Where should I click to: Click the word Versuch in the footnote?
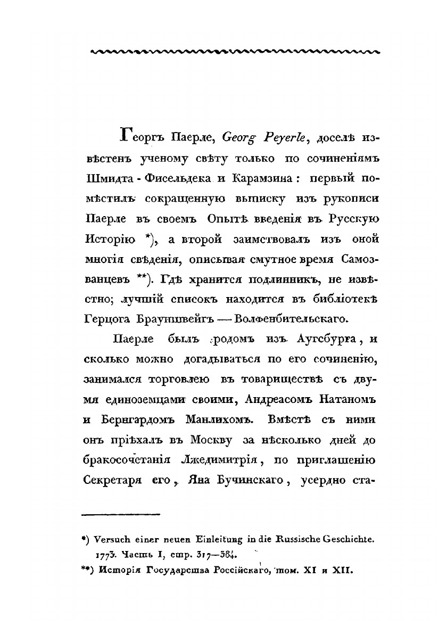tap(113, 540)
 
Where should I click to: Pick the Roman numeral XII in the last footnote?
tap(343, 570)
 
